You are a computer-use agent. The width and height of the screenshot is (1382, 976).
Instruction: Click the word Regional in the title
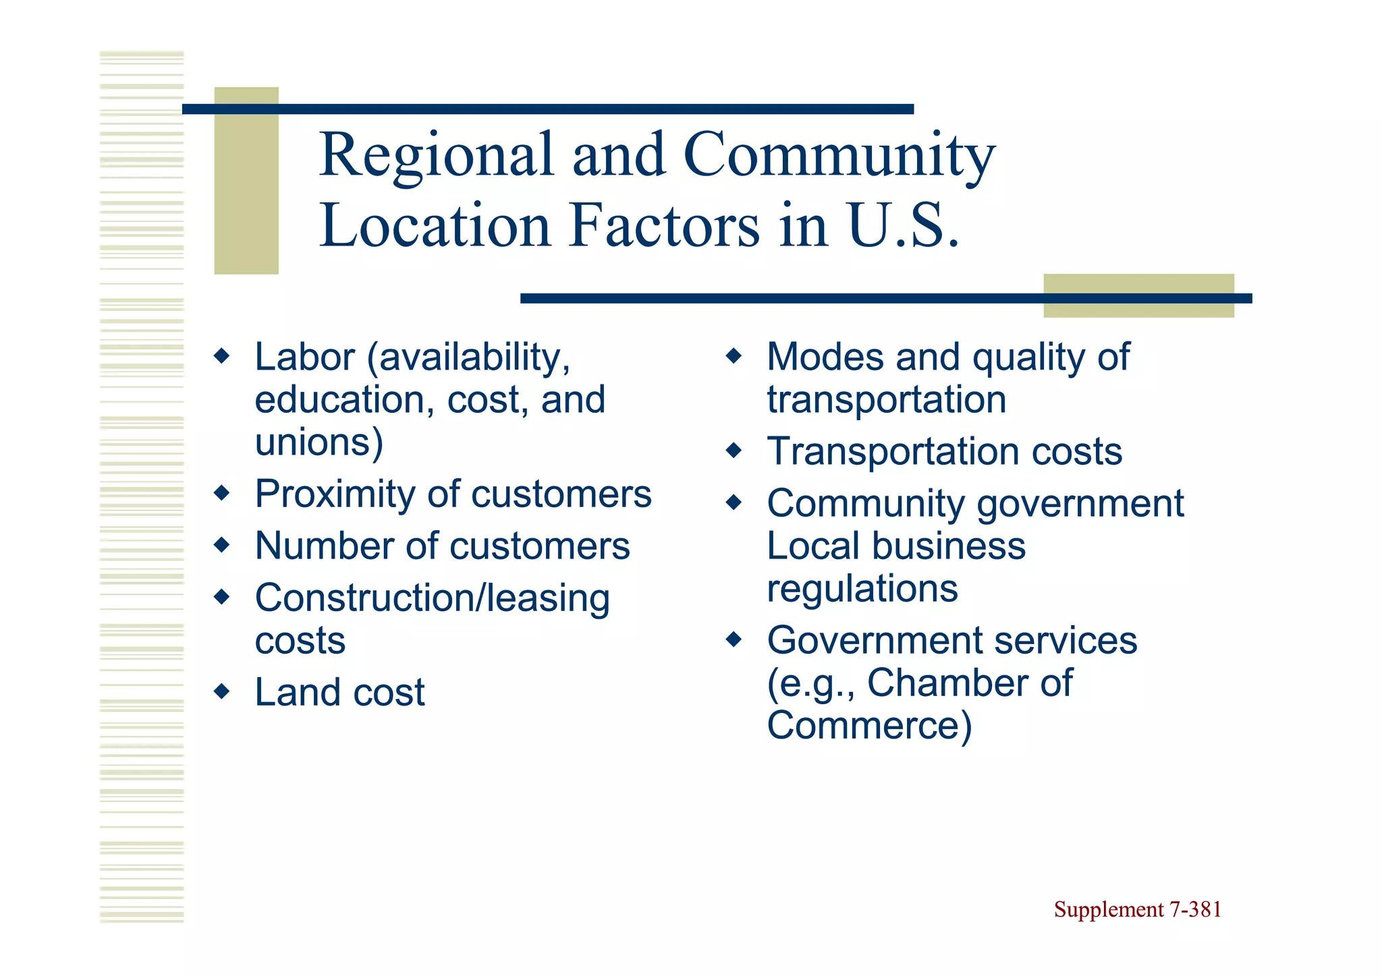tap(436, 155)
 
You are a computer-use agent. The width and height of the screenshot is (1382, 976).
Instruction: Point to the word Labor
tap(304, 357)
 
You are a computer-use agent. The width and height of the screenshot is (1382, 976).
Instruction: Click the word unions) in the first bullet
tap(319, 442)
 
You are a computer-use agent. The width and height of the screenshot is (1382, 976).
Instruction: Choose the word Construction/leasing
tap(432, 598)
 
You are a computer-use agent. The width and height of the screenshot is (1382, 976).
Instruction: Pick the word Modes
tap(825, 357)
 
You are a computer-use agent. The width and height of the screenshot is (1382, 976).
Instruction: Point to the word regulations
tap(862, 589)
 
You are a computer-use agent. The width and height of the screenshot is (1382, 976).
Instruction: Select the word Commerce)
tap(869, 726)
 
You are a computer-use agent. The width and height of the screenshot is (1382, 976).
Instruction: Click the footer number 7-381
tap(1195, 910)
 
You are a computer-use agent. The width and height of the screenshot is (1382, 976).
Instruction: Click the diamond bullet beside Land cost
tap(221, 691)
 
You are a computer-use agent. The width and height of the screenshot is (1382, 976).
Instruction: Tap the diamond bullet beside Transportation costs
tap(734, 450)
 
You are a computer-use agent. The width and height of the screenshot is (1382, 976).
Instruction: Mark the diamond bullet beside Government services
tap(734, 639)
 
